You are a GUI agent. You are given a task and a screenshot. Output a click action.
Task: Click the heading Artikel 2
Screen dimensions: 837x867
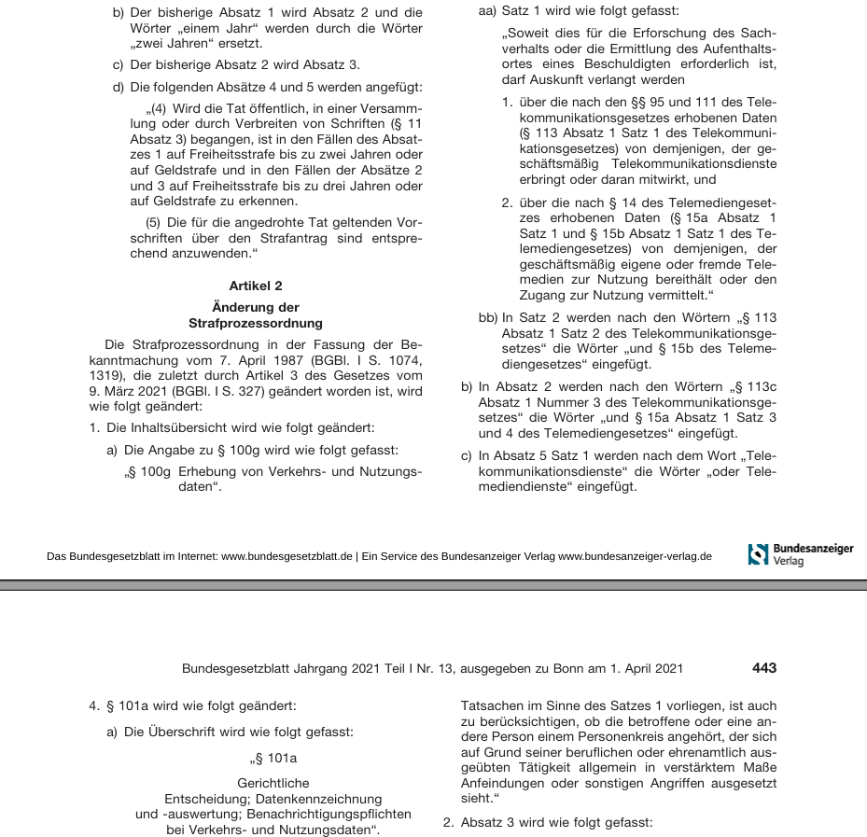tap(255, 286)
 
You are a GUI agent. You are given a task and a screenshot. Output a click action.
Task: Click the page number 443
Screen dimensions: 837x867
tap(763, 668)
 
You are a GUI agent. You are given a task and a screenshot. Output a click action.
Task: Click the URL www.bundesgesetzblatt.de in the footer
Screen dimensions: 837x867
tap(287, 556)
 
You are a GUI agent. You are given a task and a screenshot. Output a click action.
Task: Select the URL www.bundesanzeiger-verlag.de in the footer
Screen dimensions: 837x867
tap(635, 556)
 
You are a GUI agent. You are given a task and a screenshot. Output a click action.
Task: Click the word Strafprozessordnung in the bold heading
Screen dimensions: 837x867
tap(255, 323)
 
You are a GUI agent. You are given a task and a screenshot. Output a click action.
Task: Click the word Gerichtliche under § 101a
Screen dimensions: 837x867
tap(273, 783)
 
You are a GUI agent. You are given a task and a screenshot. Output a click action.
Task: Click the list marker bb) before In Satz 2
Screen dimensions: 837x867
tap(487, 318)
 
